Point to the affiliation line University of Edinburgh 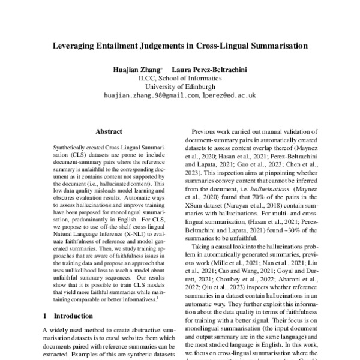coord(180,86)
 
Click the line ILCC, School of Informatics coord(180,78)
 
